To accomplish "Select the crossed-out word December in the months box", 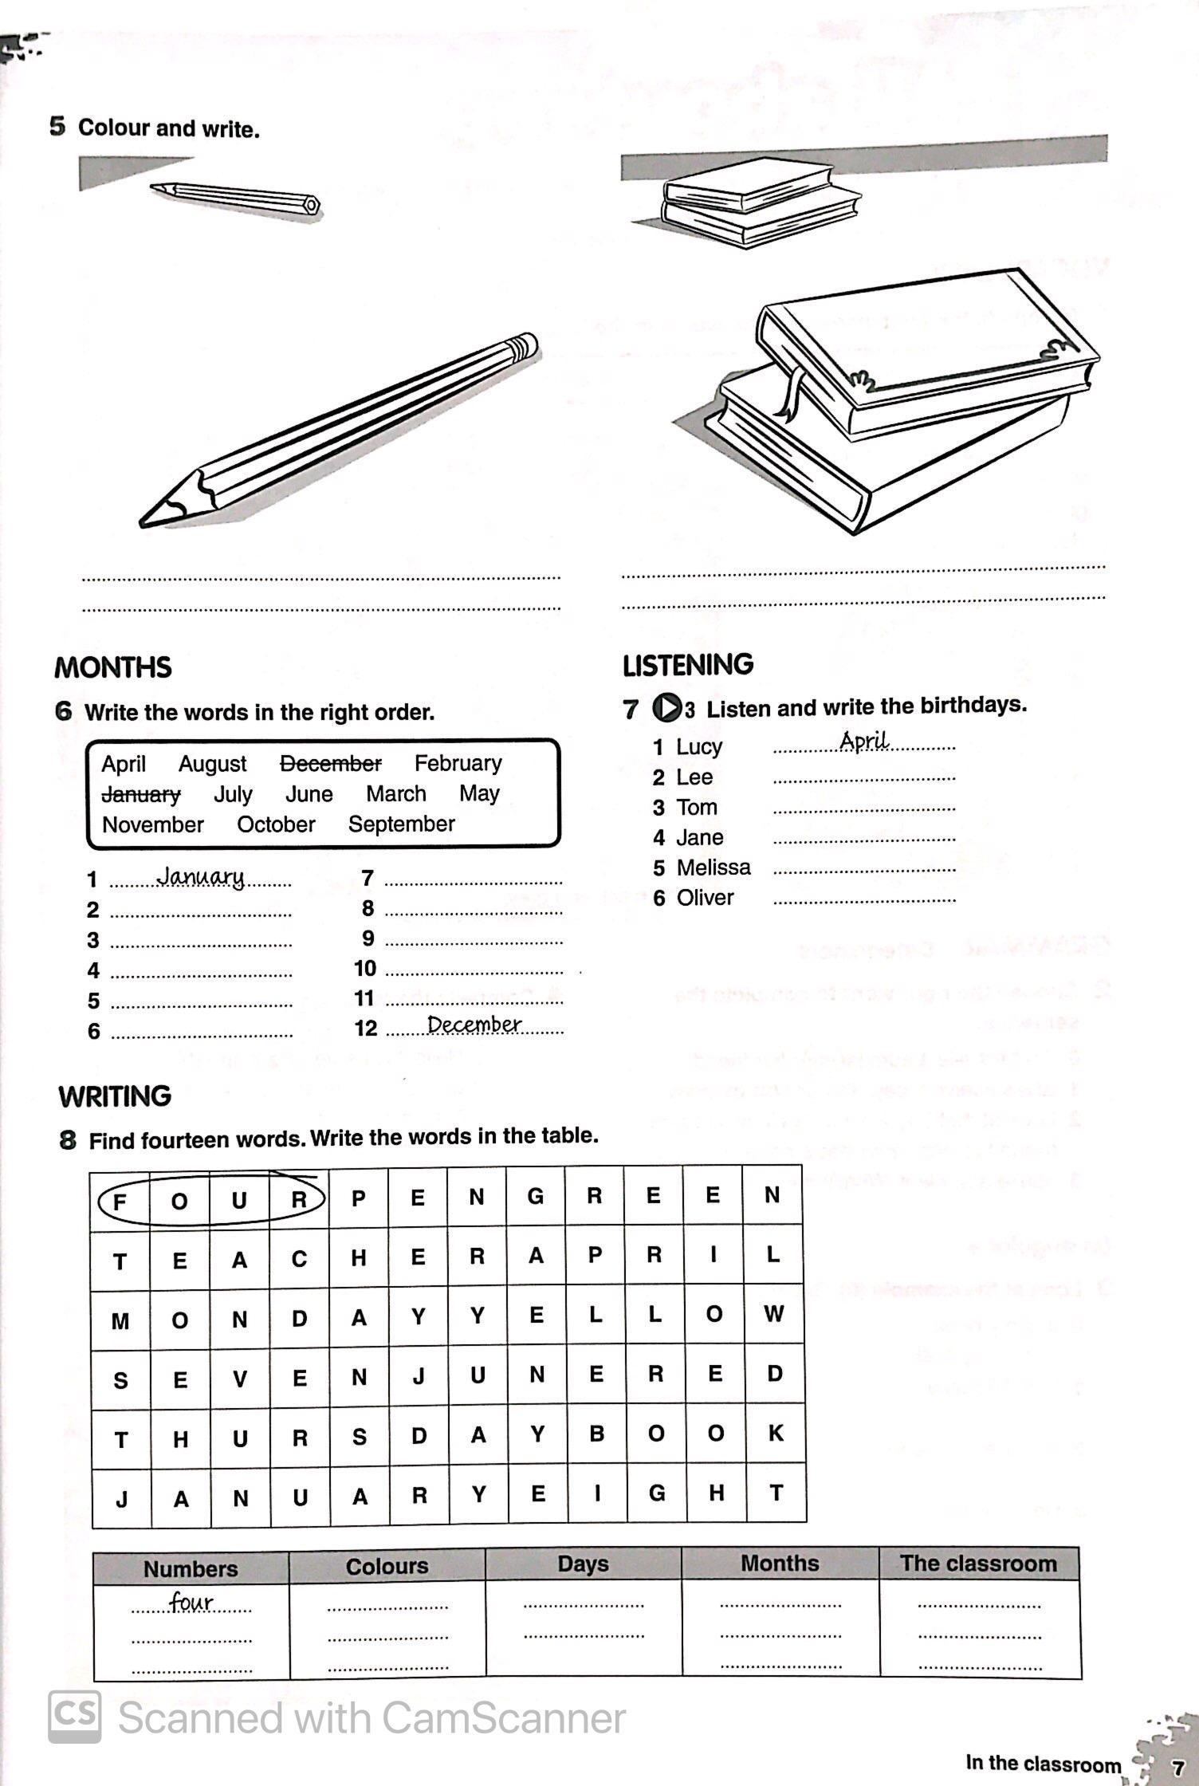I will tap(331, 764).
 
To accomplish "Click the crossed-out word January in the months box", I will tap(141, 795).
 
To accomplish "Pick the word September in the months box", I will tap(401, 824).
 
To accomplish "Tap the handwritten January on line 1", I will tap(200, 877).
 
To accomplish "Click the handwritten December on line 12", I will tap(474, 1025).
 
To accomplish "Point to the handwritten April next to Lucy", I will tap(863, 742).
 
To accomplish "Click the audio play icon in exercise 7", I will tap(666, 707).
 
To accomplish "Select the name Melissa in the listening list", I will tap(713, 867).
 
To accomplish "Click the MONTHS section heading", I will tap(112, 667).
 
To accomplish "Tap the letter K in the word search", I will tap(775, 1433).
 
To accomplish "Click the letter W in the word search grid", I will tap(772, 1314).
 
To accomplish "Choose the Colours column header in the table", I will tap(387, 1566).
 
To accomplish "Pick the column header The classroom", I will tap(978, 1564).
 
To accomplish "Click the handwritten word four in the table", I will tap(191, 1601).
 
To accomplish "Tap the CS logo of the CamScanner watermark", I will tap(75, 1717).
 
